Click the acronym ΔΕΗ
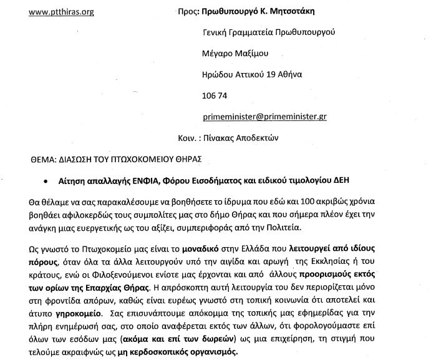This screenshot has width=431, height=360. point(357,180)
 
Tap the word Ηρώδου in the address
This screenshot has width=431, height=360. point(220,74)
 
